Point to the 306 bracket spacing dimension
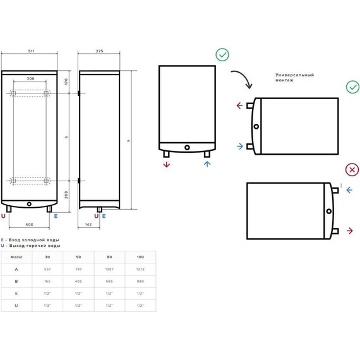[31, 79]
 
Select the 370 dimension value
[66, 81]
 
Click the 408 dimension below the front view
[29, 224]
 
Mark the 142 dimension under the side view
[88, 224]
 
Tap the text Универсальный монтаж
[294, 77]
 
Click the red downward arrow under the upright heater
[167, 165]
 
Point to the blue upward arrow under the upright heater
[207, 165]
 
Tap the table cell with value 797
[78, 269]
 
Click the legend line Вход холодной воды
[33, 240]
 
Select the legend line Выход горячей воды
[33, 246]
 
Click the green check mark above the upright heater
[222, 55]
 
